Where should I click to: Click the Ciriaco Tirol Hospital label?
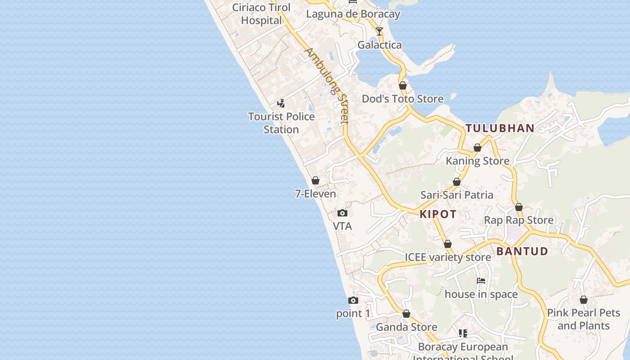tap(261, 14)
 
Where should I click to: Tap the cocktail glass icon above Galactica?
tap(379, 31)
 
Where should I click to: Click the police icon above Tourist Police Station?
tap(281, 103)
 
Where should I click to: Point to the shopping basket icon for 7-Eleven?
tap(315, 180)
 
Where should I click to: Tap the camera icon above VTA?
tap(342, 213)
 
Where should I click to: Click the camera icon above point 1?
tap(353, 300)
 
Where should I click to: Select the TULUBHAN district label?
tap(500, 128)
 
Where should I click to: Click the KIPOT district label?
tap(438, 214)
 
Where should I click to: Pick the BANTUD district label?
tap(522, 251)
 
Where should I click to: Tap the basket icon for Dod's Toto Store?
tap(403, 85)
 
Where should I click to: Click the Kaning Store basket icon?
tap(477, 148)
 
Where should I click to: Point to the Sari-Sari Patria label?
tap(457, 195)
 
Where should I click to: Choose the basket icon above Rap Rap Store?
tap(519, 207)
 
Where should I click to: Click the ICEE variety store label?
tap(448, 257)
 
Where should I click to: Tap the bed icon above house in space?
tap(481, 281)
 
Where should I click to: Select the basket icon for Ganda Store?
tap(406, 314)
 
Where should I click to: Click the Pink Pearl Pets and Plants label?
tap(583, 319)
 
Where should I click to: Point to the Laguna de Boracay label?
tap(353, 14)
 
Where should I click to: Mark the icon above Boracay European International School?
tap(463, 333)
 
